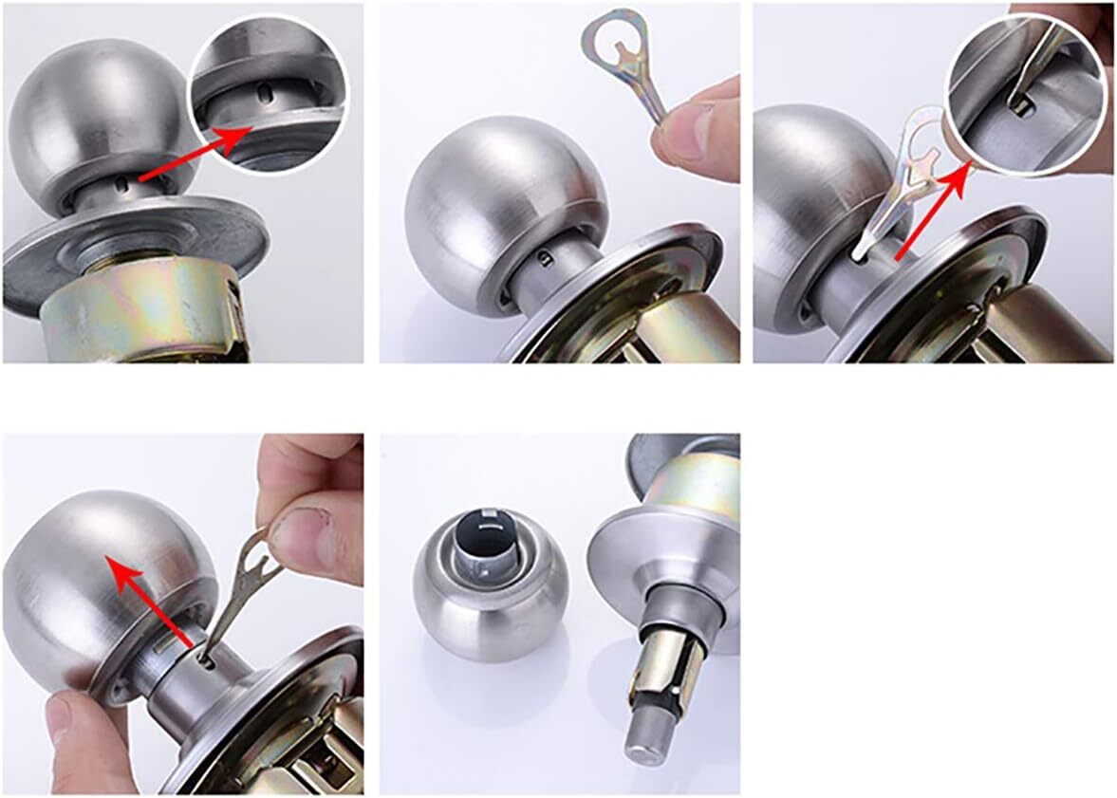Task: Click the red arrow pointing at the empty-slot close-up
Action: [190, 153]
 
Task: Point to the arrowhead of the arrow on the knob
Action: [112, 565]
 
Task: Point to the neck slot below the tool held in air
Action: [543, 257]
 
